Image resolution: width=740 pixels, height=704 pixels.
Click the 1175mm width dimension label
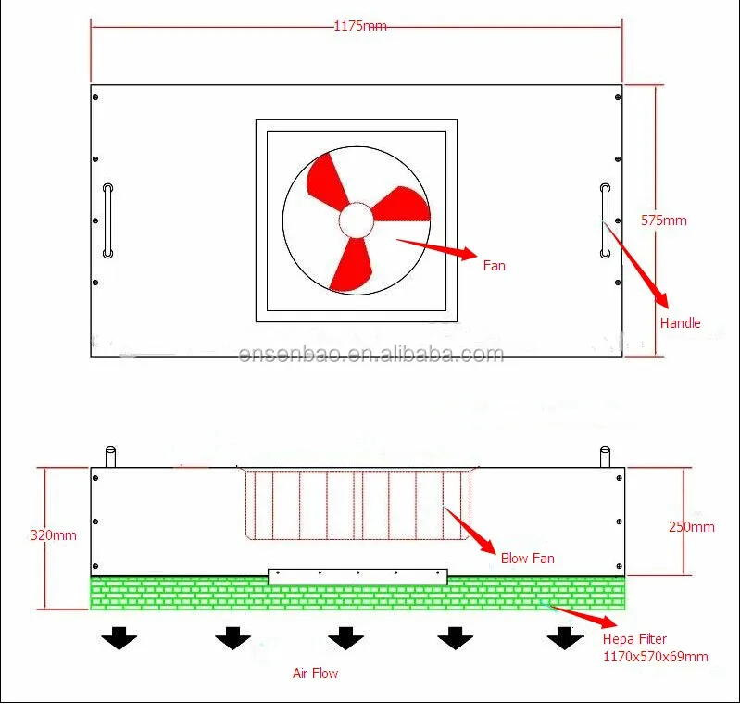tap(360, 26)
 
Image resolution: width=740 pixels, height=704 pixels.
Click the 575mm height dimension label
tap(664, 220)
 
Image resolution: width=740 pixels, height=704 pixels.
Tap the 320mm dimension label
tap(54, 535)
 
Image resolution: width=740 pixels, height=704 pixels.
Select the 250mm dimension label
tap(692, 527)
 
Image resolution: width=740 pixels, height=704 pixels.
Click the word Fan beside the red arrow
tap(495, 266)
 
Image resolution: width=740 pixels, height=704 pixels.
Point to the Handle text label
tap(680, 323)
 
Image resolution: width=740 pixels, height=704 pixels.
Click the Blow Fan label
tap(528, 559)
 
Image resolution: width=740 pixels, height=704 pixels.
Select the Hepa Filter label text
tap(634, 639)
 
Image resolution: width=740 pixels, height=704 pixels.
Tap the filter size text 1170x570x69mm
tap(655, 657)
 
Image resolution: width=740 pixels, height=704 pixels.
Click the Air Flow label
tap(316, 673)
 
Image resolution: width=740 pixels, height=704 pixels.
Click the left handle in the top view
tap(108, 220)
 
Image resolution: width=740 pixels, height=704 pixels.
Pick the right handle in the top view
tap(605, 220)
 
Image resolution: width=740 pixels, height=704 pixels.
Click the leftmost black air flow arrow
tap(119, 637)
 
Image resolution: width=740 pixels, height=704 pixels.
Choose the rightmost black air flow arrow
tap(565, 637)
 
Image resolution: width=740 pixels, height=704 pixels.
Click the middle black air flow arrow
tap(345, 637)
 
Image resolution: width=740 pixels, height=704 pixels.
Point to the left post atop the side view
tap(110, 458)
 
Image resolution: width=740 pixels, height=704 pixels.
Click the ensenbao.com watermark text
tap(370, 355)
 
